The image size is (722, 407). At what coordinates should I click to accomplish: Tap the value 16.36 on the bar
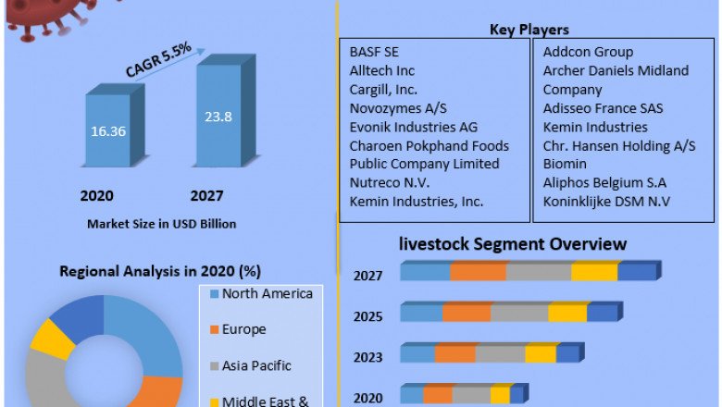coord(107,131)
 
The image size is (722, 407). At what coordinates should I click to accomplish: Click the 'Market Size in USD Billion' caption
coord(161,224)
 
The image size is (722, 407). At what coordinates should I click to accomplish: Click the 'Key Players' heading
coord(529,31)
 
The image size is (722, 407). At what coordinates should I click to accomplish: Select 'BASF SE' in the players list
coord(374,52)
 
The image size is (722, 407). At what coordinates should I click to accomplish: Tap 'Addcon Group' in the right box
coord(587,52)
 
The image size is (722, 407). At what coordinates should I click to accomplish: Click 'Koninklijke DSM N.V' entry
coord(606,201)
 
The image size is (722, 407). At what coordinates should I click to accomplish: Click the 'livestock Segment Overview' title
coord(512,244)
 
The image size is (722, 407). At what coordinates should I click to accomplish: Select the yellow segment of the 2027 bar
coord(593,272)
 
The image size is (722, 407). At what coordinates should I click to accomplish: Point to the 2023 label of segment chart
coord(367,357)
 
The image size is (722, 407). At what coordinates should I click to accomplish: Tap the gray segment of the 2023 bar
coord(500,354)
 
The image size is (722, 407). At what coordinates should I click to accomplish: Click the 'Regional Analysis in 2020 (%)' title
coord(160,272)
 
